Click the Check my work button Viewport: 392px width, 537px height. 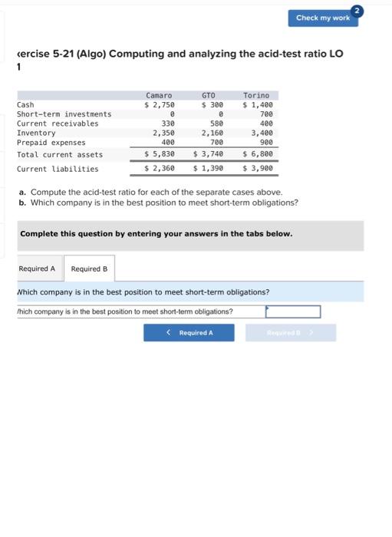(322, 18)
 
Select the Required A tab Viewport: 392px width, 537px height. (37, 268)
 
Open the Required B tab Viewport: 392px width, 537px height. (89, 268)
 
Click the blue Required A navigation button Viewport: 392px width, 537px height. (190, 332)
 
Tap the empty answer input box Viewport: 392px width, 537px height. (293, 311)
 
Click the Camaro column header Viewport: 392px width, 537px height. (159, 95)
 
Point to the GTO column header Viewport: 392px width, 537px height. (209, 95)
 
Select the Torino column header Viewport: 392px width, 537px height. (256, 95)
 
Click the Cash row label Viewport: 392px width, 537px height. (25, 104)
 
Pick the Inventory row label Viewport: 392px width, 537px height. (36, 133)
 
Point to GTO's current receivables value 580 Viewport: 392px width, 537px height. (216, 124)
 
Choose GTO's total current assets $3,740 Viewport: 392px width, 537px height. (208, 154)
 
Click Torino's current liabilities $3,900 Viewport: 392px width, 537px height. (258, 169)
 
